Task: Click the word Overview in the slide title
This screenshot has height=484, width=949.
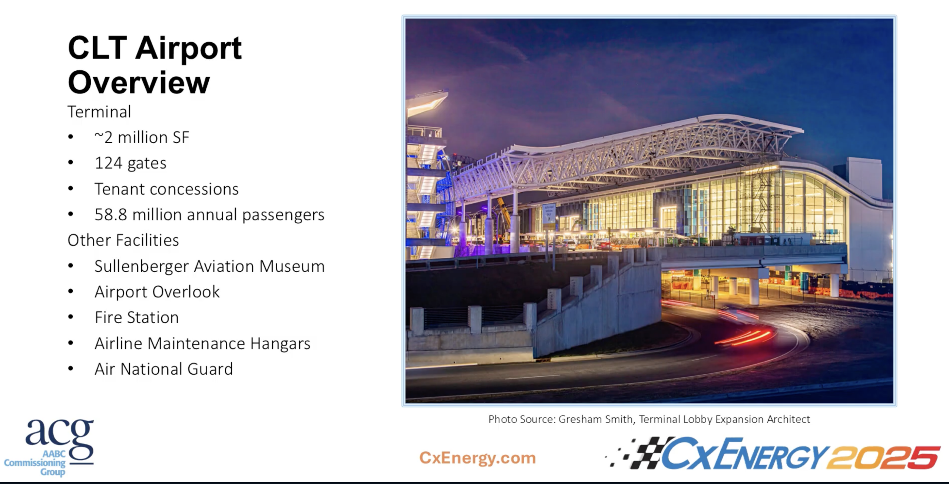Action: pyautogui.click(x=139, y=83)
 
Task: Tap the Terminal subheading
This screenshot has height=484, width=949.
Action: pyautogui.click(x=99, y=112)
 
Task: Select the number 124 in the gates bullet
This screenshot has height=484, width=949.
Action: pyautogui.click(x=108, y=163)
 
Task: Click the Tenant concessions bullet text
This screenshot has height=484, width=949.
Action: pyautogui.click(x=166, y=189)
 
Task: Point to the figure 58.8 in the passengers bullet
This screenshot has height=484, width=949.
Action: pyautogui.click(x=110, y=215)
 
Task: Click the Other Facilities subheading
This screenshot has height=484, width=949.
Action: pyautogui.click(x=123, y=240)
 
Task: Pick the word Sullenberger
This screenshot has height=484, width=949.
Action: pyautogui.click(x=142, y=266)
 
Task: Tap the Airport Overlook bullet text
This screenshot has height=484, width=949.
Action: pyautogui.click(x=157, y=292)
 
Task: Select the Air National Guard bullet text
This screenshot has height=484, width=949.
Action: pyautogui.click(x=163, y=369)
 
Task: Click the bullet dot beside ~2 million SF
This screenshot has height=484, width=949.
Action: pyautogui.click(x=71, y=137)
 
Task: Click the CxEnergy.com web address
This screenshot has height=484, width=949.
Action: pyautogui.click(x=477, y=458)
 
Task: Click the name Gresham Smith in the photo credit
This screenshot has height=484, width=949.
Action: pyautogui.click(x=595, y=419)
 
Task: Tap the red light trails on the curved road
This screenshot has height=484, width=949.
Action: pyautogui.click(x=745, y=337)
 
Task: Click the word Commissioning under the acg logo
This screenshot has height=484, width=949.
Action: pyautogui.click(x=34, y=463)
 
